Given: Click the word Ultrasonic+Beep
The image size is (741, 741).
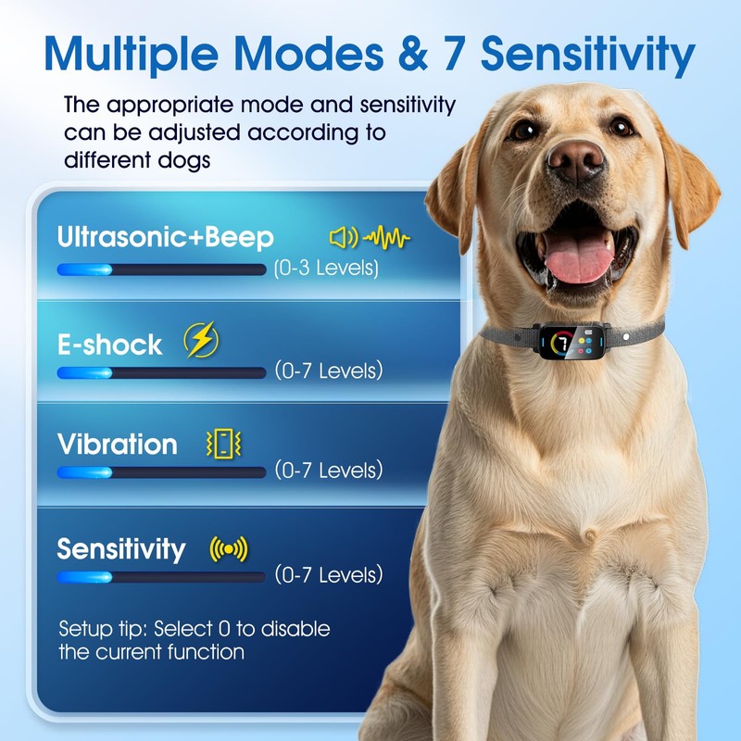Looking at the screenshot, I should coord(165,237).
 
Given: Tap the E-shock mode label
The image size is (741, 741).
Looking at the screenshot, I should coord(109,345).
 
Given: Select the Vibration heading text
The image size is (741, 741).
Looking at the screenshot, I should coord(117,445).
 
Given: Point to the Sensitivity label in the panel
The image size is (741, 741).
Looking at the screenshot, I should coord(120,548).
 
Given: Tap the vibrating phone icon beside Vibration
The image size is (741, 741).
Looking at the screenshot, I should coord(222,445).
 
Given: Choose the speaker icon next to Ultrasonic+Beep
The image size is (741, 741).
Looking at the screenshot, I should coord(343,238).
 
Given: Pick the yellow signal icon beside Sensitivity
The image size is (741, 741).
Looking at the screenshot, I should coord(229,549).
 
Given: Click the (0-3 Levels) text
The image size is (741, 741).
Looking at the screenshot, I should coord(326,270).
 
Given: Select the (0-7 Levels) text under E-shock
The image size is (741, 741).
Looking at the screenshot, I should coord(329,371).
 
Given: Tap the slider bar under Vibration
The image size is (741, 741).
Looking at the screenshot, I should coord(161,472).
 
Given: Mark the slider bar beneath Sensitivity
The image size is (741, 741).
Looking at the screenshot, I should coord(161,576).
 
